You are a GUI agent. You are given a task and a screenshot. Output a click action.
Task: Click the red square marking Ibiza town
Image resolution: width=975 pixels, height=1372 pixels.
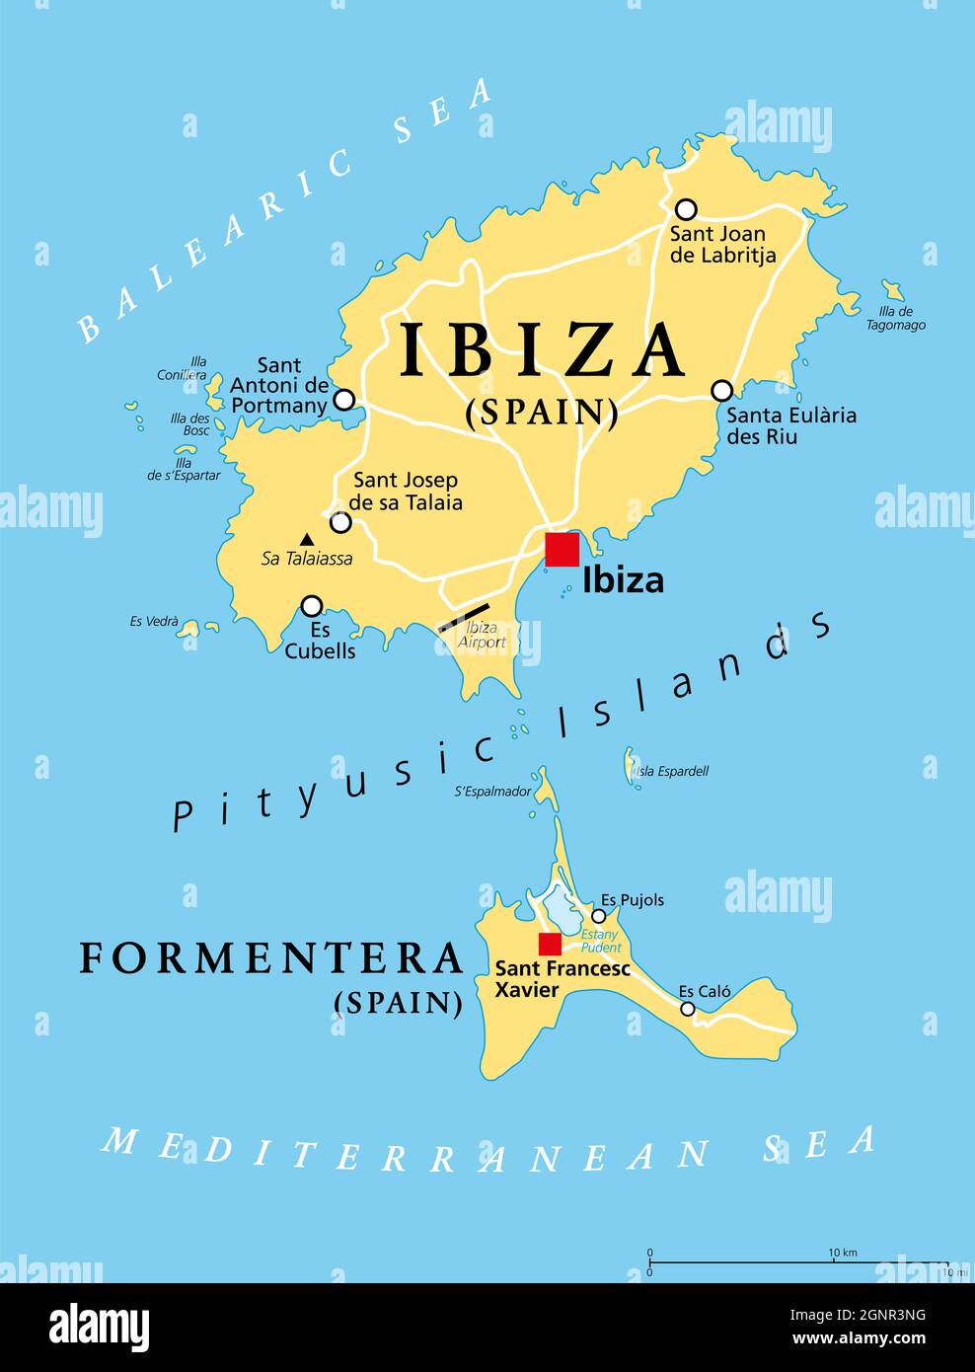point(562,550)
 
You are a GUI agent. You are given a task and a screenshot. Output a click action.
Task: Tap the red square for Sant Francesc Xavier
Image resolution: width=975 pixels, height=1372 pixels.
point(550,944)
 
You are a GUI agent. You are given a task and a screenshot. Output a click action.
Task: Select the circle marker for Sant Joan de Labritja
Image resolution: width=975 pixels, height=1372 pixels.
point(686,209)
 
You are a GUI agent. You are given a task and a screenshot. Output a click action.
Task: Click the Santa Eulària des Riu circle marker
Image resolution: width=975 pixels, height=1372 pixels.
point(722,390)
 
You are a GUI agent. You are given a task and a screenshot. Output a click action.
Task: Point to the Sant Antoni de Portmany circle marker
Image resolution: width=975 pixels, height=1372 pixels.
point(343,400)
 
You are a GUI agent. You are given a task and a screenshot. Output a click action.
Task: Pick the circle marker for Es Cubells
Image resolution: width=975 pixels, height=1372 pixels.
point(312,605)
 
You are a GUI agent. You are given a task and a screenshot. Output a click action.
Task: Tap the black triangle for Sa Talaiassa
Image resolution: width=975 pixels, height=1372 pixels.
point(307,539)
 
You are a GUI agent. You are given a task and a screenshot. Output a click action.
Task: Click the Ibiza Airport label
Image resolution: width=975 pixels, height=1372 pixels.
point(482,635)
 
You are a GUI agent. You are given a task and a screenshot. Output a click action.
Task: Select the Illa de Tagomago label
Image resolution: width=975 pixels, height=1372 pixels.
point(896,318)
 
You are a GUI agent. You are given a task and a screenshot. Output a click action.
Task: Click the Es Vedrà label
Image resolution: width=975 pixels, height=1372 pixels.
point(154,622)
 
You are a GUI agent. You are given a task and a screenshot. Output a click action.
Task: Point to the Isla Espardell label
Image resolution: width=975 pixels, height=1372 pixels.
point(672,771)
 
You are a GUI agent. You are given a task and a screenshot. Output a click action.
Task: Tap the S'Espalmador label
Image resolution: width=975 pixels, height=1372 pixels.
point(492,791)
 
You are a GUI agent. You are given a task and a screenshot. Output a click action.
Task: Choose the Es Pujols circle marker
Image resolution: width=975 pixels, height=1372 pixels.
point(598,916)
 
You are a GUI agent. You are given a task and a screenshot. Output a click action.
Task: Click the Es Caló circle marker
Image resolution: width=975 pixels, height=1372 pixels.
point(688,1009)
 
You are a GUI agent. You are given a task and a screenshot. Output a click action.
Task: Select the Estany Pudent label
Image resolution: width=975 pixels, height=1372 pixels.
point(600,941)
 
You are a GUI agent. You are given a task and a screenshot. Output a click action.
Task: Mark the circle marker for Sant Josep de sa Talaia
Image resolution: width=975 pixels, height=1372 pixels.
point(340,522)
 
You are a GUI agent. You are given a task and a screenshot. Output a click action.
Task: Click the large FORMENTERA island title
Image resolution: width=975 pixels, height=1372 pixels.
point(271,958)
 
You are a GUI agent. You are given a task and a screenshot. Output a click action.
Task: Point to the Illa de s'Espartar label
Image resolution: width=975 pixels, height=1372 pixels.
point(184,469)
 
